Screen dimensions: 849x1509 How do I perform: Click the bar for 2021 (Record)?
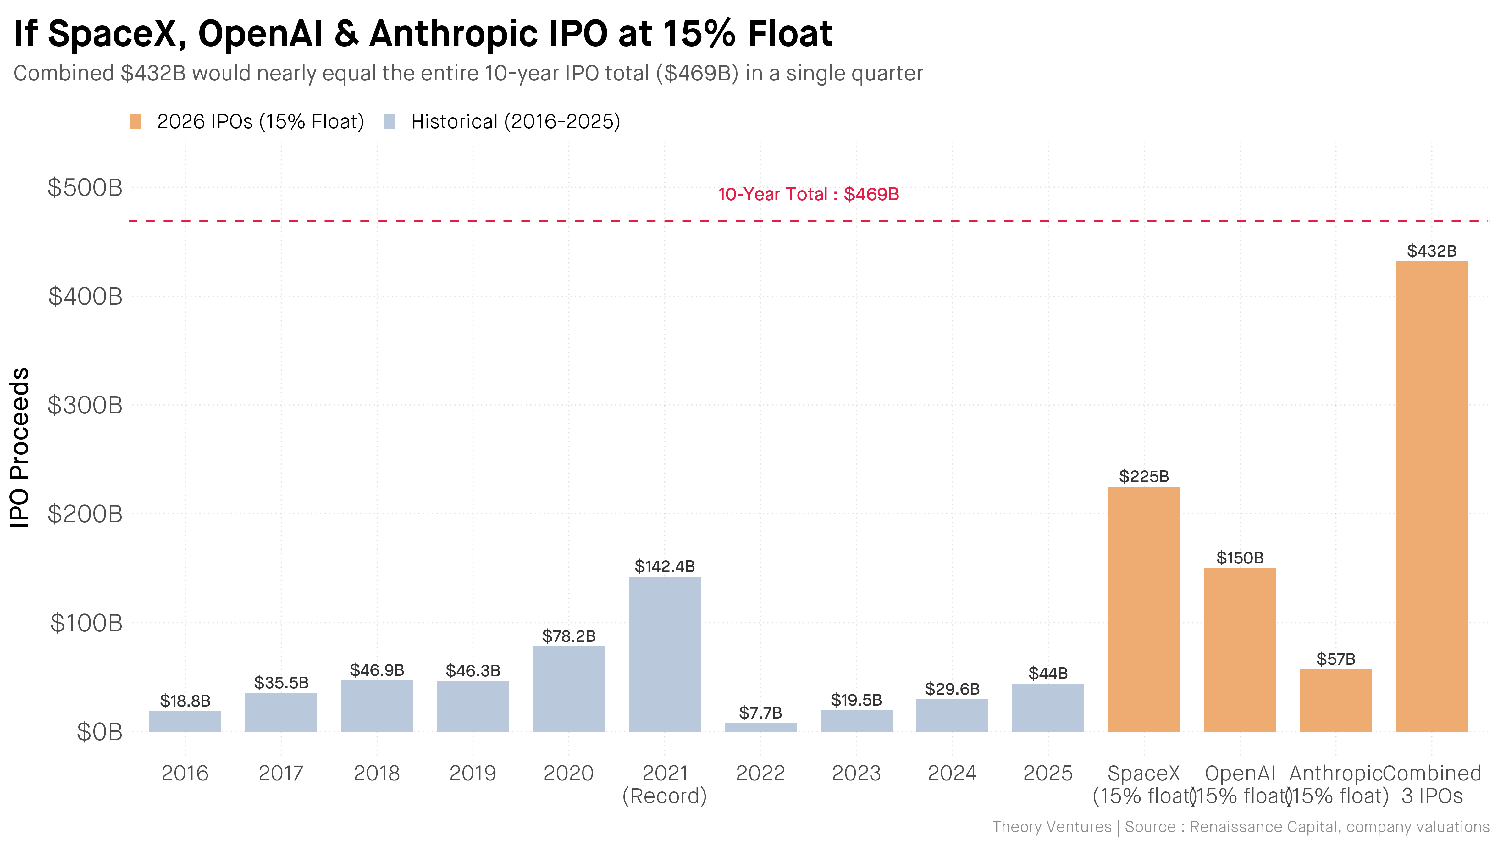pyautogui.click(x=664, y=654)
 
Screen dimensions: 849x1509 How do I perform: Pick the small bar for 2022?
pyautogui.click(x=760, y=727)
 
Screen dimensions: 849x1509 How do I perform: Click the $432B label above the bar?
pyautogui.click(x=1431, y=251)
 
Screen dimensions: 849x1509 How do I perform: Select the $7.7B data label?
pyautogui.click(x=760, y=713)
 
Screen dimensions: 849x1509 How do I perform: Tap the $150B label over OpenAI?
pyautogui.click(x=1240, y=558)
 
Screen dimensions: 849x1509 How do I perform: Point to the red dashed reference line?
pyautogui.click(x=469, y=221)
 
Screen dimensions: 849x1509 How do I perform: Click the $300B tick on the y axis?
pyautogui.click(x=85, y=405)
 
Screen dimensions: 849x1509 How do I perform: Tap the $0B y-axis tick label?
pyautogui.click(x=100, y=732)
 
